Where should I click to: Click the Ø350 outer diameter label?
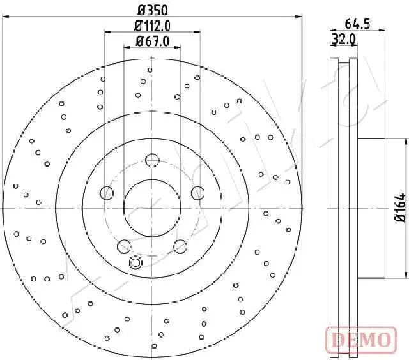(x=151, y=10)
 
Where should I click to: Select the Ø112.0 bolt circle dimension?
(x=152, y=26)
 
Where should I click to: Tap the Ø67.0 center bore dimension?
(x=152, y=41)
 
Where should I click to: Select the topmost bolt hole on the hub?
(x=151, y=160)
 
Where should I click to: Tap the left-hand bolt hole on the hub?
(x=107, y=192)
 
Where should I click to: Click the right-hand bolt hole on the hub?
(x=197, y=192)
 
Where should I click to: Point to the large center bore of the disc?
(x=151, y=207)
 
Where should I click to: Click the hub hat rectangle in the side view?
(x=372, y=208)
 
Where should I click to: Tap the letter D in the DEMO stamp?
(x=337, y=339)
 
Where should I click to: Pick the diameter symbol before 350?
(x=140, y=10)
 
